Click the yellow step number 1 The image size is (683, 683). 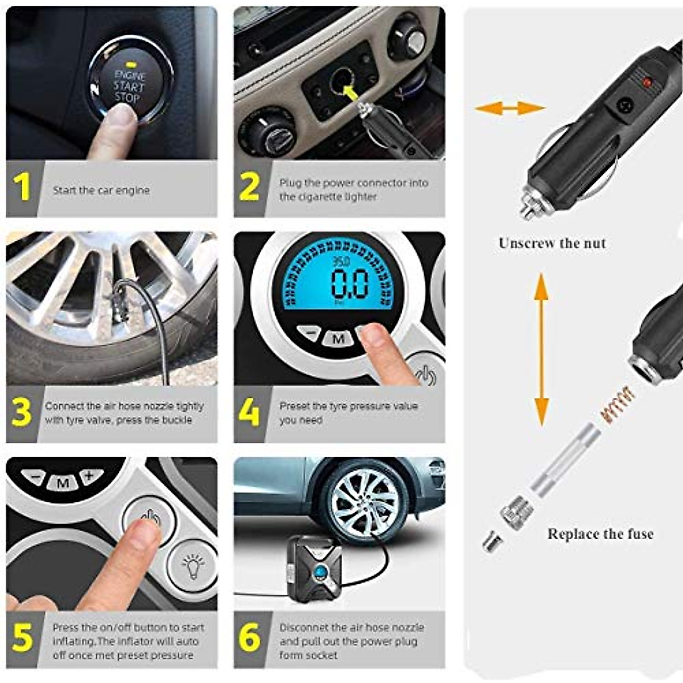(22, 187)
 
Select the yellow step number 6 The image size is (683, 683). (249, 637)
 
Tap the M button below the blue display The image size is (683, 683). (338, 339)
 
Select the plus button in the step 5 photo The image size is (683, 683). (90, 476)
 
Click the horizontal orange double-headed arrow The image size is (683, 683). (509, 108)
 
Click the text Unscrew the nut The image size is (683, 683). (552, 243)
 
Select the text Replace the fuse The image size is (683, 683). (600, 534)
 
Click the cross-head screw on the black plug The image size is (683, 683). (626, 105)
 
